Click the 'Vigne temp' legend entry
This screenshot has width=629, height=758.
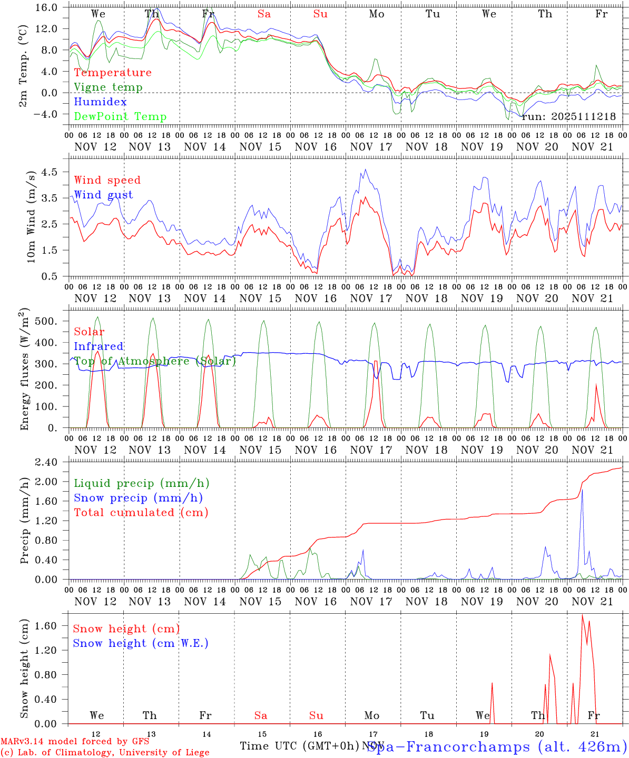pyautogui.click(x=108, y=87)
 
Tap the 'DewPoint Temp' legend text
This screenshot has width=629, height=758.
pyautogui.click(x=120, y=117)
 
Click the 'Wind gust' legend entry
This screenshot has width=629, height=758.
pyautogui.click(x=103, y=195)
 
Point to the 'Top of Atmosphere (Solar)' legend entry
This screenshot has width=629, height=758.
pyautogui.click(x=155, y=361)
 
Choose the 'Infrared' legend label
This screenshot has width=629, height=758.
pyautogui.click(x=99, y=346)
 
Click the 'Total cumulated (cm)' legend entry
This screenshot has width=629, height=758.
pyautogui.click(x=141, y=512)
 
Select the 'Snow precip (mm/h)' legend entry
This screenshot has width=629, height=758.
pyautogui.click(x=138, y=498)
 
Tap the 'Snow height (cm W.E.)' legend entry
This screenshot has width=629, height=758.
pyautogui.click(x=141, y=643)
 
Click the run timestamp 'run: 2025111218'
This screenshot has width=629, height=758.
pyautogui.click(x=568, y=116)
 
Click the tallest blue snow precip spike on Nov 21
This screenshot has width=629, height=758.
pyautogui.click(x=582, y=491)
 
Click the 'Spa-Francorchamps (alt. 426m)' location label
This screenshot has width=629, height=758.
pyautogui.click(x=496, y=746)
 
